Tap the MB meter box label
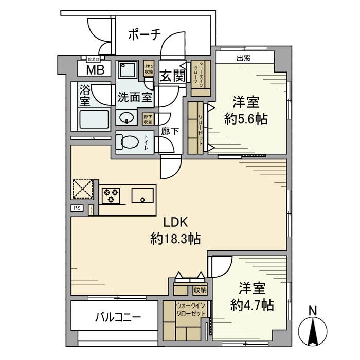click(94, 70)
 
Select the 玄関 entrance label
click(172, 76)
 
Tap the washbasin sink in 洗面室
click(127, 118)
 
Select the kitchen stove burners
click(111, 195)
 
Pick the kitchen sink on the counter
click(141, 195)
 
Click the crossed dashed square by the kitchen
click(82, 188)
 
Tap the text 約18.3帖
click(175, 239)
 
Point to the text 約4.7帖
click(251, 304)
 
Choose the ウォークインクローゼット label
click(190, 309)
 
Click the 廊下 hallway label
click(170, 131)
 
